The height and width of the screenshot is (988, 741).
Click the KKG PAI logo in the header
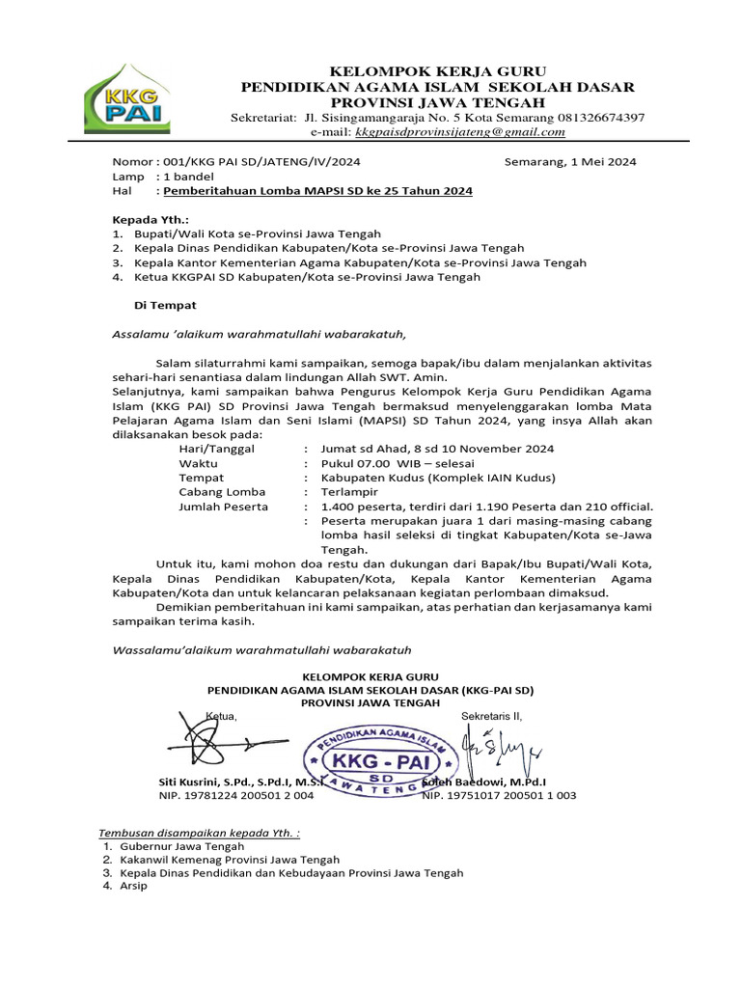128,98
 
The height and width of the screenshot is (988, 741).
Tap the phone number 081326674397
597,117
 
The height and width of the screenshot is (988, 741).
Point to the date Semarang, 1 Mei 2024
570,162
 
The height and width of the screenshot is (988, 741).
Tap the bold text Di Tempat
164,305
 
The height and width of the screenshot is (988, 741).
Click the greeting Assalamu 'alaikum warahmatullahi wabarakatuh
261,334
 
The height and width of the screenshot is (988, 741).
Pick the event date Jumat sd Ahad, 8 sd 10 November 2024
437,449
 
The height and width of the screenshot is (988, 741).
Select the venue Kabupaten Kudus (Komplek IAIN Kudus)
438,478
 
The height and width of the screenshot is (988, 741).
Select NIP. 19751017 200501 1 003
499,795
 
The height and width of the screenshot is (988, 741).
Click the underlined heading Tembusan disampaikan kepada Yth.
200,833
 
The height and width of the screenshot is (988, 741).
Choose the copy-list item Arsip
133,886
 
